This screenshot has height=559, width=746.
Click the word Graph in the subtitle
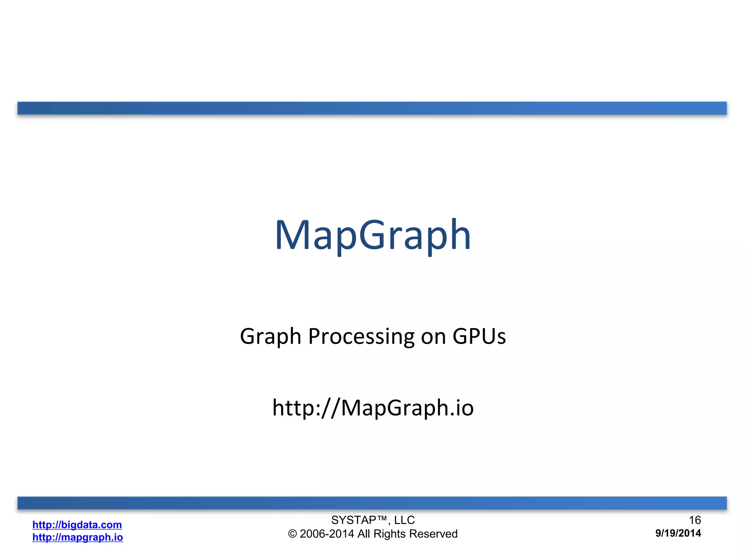click(x=270, y=336)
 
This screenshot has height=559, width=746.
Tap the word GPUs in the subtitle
click(x=479, y=336)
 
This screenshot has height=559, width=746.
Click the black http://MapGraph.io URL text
click(x=373, y=408)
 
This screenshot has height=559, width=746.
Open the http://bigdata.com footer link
click(x=77, y=525)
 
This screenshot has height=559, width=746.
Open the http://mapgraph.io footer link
click(x=78, y=537)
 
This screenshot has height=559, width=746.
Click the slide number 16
click(x=695, y=520)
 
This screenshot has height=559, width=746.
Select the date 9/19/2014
click(x=678, y=533)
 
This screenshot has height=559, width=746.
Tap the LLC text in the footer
click(x=404, y=520)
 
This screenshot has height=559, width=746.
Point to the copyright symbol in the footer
click(x=292, y=534)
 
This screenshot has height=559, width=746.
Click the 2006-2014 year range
click(x=327, y=534)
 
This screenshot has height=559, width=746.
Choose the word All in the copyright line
click(x=364, y=534)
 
